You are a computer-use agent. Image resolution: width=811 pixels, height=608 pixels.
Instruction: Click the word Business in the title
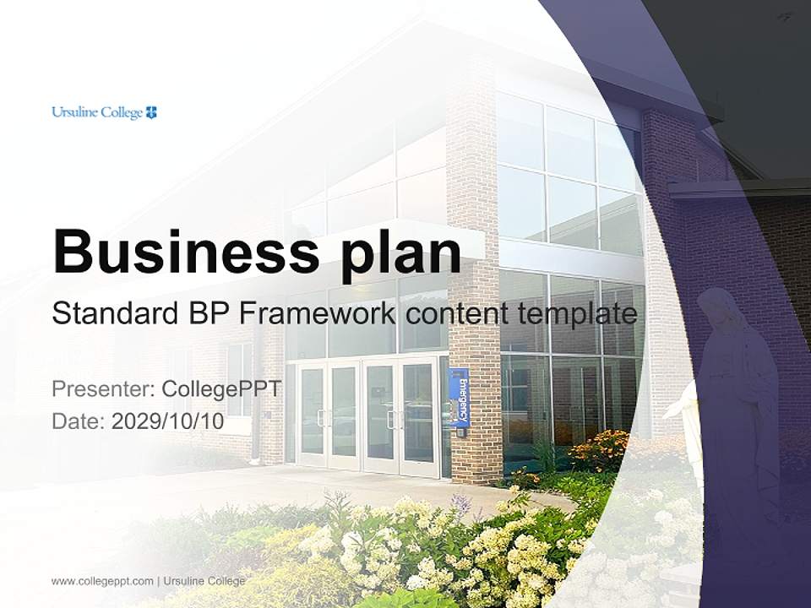point(186,252)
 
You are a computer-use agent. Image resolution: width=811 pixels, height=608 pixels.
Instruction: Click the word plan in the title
point(400,256)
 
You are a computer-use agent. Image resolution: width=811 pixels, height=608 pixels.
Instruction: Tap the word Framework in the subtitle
point(317,313)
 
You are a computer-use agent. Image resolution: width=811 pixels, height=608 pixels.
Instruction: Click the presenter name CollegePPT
point(221,389)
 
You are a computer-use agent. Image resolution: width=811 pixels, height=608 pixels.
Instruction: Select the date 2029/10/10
point(167,421)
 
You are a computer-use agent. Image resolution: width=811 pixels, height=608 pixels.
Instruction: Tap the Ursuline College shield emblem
point(151,112)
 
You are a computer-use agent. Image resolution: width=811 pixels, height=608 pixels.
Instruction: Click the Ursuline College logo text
point(97,112)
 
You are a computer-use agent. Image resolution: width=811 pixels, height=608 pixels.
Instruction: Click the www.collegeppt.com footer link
point(102,581)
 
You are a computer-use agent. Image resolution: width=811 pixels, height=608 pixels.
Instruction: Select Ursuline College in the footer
point(204,581)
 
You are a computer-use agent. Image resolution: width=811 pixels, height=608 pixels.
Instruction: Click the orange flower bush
point(600,451)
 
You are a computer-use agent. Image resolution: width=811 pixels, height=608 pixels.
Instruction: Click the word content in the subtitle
point(457,314)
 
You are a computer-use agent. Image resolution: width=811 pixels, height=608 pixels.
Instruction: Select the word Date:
point(78,421)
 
